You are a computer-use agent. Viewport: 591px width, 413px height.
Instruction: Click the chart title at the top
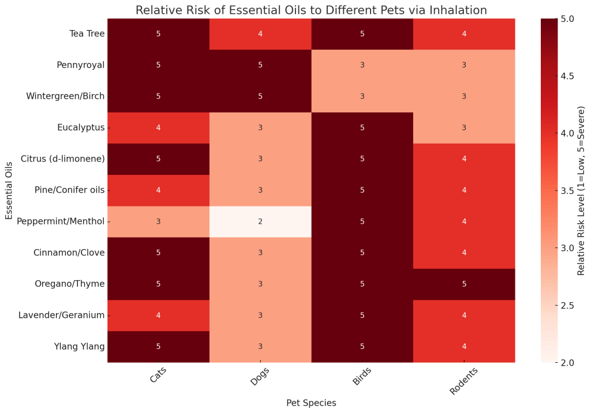[311, 10]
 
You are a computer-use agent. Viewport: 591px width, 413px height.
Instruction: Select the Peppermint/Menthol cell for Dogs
[260, 221]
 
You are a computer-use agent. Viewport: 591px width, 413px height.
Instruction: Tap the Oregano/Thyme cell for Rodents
[464, 284]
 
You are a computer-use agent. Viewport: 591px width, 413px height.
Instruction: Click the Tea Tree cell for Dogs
[260, 33]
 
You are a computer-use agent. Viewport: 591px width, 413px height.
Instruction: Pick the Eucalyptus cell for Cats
[158, 127]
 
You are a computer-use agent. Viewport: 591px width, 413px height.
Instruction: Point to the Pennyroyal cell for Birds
[362, 65]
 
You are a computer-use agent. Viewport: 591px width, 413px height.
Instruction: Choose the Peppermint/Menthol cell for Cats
[158, 221]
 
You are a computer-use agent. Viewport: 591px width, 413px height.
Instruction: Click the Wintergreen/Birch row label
[65, 96]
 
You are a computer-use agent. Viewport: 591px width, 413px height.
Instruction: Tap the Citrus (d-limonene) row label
[62, 159]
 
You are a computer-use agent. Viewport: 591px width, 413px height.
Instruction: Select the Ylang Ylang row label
[79, 346]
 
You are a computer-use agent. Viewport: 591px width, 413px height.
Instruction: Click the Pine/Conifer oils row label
[69, 190]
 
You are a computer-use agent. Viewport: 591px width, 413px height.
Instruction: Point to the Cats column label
[158, 376]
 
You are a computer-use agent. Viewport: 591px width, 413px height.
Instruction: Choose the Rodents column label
[463, 381]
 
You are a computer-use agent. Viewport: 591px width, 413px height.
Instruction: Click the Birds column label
[362, 377]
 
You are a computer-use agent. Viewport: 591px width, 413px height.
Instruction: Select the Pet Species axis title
[311, 403]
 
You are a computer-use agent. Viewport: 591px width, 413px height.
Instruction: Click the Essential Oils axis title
[9, 190]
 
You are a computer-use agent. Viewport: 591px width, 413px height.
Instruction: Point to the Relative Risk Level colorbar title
[581, 190]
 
